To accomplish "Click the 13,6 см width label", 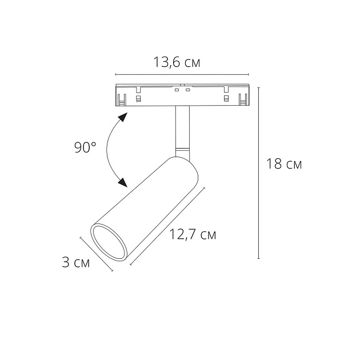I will pyautogui.click(x=177, y=62).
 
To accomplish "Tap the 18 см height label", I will pyautogui.click(x=283, y=164).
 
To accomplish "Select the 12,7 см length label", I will pyautogui.click(x=193, y=234).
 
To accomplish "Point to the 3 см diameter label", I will pyautogui.click(x=75, y=263).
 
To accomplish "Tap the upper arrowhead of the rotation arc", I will pyautogui.click(x=122, y=118).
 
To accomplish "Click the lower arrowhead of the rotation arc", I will pyautogui.click(x=121, y=182).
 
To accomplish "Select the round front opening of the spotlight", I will pyautogui.click(x=109, y=243).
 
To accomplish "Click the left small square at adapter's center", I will pyautogui.click(x=177, y=91).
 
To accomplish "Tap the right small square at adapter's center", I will pyautogui.click(x=187, y=91).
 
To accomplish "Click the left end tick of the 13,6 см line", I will pyautogui.click(x=115, y=75).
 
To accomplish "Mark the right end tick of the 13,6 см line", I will pyautogui.click(x=249, y=75).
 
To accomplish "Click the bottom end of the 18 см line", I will pyautogui.click(x=260, y=259).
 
